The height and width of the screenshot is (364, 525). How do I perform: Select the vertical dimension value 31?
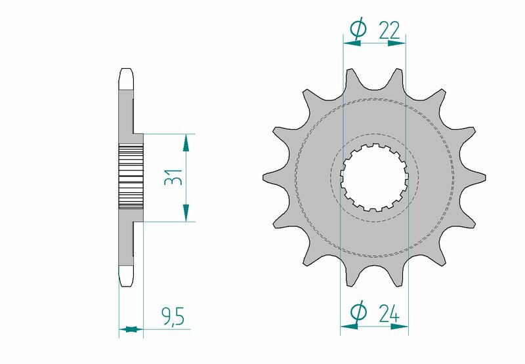[173, 178]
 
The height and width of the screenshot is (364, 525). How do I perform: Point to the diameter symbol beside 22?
[358, 28]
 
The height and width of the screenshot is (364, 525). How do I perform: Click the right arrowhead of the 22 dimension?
[398, 43]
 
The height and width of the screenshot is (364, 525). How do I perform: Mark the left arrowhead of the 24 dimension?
[348, 324]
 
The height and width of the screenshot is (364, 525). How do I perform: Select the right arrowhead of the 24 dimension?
[400, 324]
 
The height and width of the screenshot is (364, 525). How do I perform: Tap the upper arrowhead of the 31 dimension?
[187, 142]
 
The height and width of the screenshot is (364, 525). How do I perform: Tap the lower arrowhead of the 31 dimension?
[187, 212]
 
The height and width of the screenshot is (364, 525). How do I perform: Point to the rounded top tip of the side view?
[127, 73]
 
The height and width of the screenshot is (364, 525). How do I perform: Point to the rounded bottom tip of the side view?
[127, 281]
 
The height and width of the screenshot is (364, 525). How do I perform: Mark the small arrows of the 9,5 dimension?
[131, 329]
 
